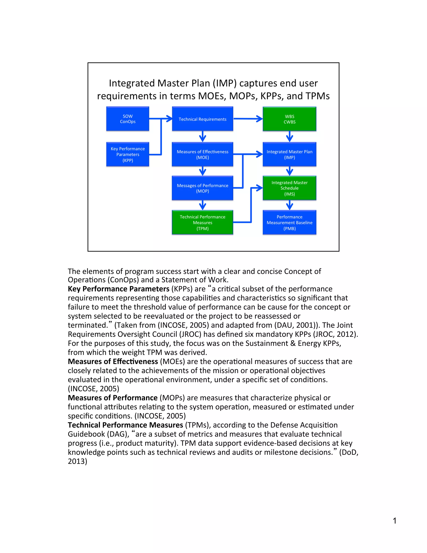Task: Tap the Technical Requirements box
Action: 202,119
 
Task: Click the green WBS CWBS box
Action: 289,119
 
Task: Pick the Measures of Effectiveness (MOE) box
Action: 202,154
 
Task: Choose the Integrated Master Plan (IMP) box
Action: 289,154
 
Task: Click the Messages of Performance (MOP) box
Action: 202,188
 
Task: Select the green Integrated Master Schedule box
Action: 289,188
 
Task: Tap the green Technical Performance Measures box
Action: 202,222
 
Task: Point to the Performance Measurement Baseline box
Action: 289,222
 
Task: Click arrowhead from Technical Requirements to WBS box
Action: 259,119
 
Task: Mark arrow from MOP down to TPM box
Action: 202,205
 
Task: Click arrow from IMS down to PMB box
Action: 289,205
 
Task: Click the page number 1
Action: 394,521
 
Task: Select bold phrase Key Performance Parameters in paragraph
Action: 118,289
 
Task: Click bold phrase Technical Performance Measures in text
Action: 125,425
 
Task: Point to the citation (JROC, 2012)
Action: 335,334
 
